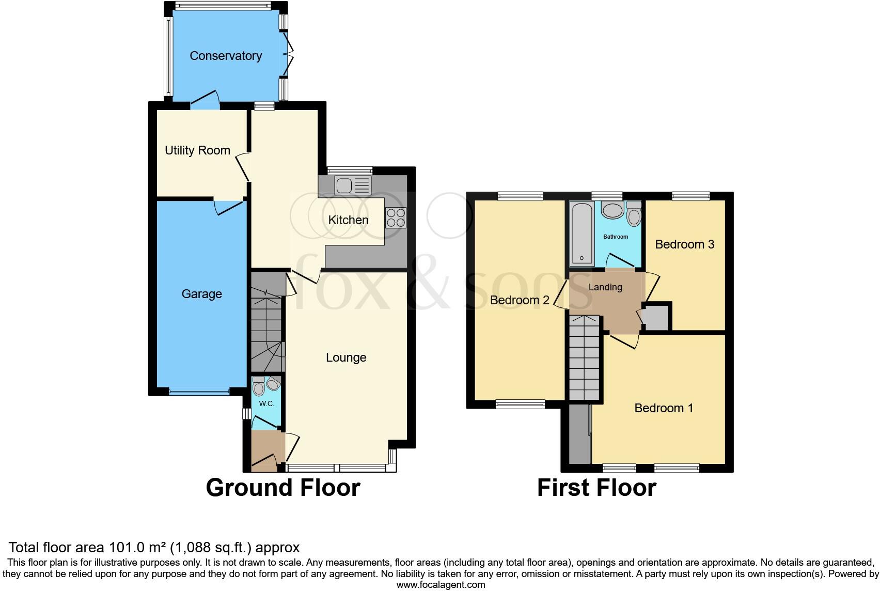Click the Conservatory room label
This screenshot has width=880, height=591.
(x=226, y=56)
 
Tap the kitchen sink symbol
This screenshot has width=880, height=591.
(x=352, y=185)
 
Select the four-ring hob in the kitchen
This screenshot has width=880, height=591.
(x=396, y=217)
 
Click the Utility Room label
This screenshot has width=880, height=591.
(x=197, y=150)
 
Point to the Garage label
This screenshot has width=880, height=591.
(x=201, y=294)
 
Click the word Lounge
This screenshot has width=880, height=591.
(x=346, y=357)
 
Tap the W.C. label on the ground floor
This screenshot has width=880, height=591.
(x=266, y=403)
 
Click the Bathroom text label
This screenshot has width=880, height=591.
(x=616, y=237)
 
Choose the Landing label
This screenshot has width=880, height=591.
(x=605, y=287)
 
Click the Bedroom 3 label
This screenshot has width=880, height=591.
(x=684, y=244)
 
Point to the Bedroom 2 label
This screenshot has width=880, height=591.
(x=519, y=300)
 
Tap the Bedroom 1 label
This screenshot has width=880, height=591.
(x=664, y=408)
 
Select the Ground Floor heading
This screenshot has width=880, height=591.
(x=282, y=488)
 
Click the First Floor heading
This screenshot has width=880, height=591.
(x=596, y=488)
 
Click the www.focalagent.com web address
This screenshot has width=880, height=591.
(x=441, y=585)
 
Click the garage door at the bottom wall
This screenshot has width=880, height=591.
(x=199, y=393)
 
